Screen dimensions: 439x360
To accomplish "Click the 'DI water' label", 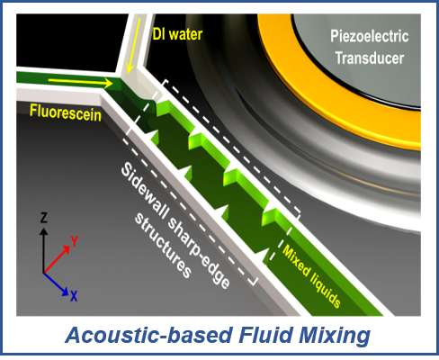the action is pos(177,34).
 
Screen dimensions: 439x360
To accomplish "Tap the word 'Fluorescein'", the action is pos(66,112).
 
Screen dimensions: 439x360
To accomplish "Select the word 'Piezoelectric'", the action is pos(370,37).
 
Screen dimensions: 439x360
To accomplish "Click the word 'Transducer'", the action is pos(370,58).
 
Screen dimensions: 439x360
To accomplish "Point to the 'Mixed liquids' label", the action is pos(312,276).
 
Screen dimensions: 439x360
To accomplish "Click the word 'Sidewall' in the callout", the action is pos(145,192).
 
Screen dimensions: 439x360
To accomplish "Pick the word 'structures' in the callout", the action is pos(163,246).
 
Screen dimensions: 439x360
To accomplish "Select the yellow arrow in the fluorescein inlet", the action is pos(80,82).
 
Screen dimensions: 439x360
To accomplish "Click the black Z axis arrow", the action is pos(44,250).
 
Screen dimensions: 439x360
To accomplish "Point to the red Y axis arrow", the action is pos(57,259).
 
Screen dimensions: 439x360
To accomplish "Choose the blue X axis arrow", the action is pos(56,284).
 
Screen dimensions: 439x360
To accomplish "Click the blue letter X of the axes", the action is pos(74,296).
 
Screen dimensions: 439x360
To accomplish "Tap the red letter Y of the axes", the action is pos(74,241).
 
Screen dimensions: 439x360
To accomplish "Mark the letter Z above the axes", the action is pos(44,218).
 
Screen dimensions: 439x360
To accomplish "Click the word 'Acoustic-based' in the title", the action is pos(149,335).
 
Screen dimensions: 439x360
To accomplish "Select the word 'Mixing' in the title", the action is pos(335,336).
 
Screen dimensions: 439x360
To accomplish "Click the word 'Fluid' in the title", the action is pos(265,335).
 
